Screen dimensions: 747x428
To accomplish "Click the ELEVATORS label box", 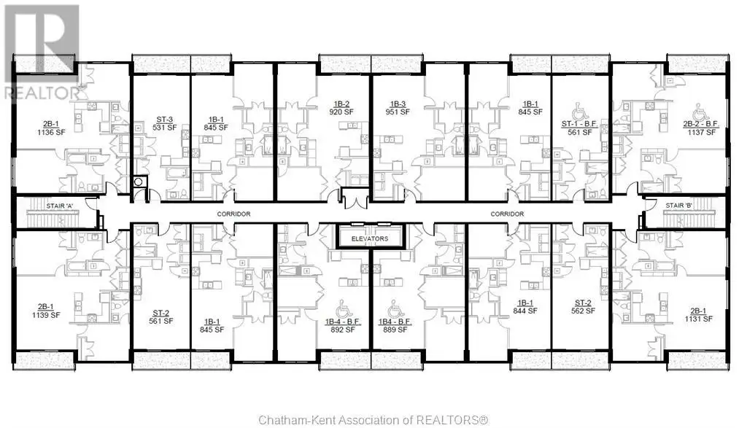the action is (x=371, y=238).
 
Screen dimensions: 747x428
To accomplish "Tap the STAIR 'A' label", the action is (x=60, y=206).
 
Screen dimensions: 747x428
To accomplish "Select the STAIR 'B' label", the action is (x=679, y=205).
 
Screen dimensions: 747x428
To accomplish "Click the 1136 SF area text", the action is (x=51, y=133).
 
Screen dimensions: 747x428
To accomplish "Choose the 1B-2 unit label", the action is (x=341, y=104).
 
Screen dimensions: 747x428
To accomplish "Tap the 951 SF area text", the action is (x=398, y=112).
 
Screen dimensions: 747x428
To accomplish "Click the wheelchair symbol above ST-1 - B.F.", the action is (x=578, y=112).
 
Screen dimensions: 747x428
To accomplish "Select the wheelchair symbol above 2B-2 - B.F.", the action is (x=700, y=112).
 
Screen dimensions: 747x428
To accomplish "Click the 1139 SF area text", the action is (x=46, y=315).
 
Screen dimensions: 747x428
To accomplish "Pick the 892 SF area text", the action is (x=343, y=330).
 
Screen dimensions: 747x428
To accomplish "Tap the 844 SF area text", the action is (x=525, y=311).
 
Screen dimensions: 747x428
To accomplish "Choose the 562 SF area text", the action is (x=583, y=311).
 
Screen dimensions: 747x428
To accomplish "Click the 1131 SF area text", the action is (x=698, y=319).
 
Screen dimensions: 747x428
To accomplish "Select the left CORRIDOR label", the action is (x=233, y=214).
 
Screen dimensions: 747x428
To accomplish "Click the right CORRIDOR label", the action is (x=507, y=214).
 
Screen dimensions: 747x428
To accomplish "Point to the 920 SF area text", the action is (x=341, y=112).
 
